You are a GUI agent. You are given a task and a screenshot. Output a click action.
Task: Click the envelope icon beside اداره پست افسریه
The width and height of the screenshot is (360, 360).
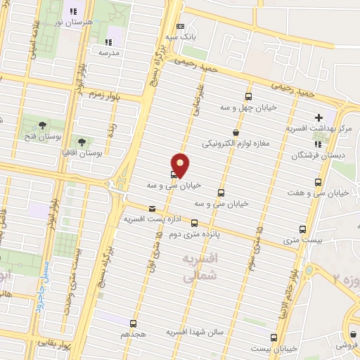(x=153, y=208)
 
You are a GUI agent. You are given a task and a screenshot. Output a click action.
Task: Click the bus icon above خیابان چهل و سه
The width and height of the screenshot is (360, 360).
(x=247, y=97)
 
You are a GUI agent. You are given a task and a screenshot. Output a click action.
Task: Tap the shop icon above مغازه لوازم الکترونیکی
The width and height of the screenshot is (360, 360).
(x=236, y=132)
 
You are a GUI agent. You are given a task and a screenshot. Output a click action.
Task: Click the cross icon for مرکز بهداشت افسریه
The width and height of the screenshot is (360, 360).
(x=320, y=117)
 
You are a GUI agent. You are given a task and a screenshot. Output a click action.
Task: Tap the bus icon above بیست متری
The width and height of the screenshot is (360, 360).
(x=303, y=229)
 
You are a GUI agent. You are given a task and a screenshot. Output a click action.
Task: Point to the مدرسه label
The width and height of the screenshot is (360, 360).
(x=110, y=53)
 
